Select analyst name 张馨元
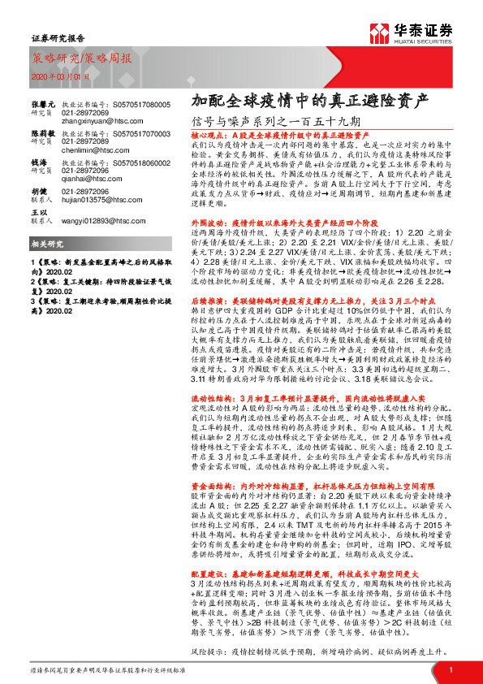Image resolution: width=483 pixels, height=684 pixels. [43, 106]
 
